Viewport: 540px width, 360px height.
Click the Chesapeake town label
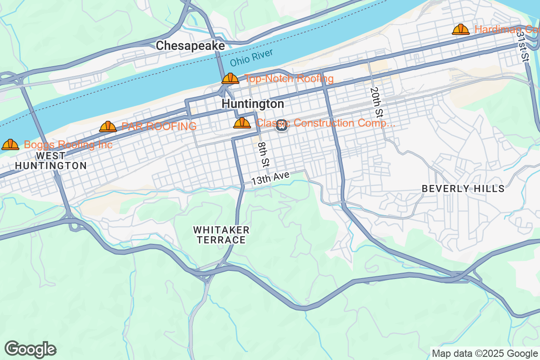tap(190, 46)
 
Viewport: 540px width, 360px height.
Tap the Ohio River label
tap(251, 58)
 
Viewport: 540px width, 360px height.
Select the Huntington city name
tap(253, 104)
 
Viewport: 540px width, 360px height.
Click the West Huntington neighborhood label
tap(51, 161)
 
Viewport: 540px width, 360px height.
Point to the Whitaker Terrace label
tap(221, 235)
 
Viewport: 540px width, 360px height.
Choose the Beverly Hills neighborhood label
tap(463, 189)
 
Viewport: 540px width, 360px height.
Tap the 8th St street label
tap(264, 154)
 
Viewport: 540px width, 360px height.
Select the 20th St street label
tap(377, 102)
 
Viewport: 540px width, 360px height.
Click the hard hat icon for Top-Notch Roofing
tap(230, 79)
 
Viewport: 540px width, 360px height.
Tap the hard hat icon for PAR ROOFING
tap(108, 126)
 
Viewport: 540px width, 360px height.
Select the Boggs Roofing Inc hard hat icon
tap(10, 144)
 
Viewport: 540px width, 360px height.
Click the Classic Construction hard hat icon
tap(242, 123)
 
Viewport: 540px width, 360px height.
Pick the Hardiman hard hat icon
tap(461, 30)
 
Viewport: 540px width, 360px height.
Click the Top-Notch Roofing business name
tap(289, 79)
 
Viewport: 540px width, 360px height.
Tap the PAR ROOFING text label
tap(159, 126)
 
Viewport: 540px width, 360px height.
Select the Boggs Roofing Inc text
tap(68, 144)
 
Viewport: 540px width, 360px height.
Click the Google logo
tap(31, 349)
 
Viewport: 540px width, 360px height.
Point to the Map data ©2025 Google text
tap(485, 353)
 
